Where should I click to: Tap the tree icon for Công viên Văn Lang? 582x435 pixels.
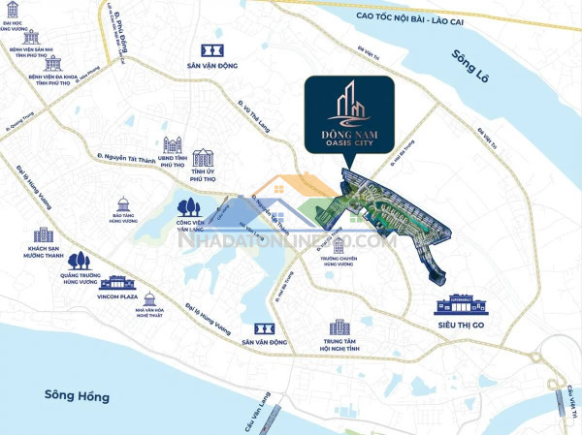pos(187,206)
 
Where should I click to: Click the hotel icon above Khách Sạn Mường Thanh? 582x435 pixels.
pos(44,235)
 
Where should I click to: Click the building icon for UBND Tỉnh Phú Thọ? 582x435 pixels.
pos(173,145)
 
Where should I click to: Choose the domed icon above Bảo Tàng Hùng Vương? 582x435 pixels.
pos(122,204)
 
